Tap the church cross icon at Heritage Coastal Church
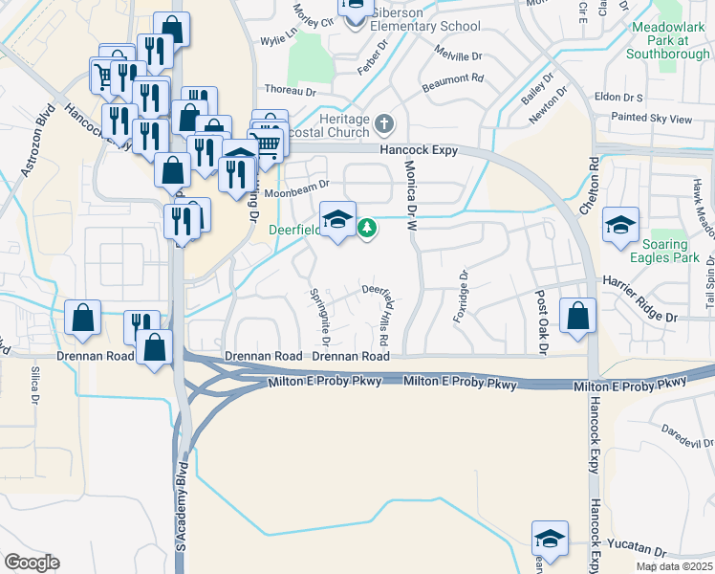pos(384,122)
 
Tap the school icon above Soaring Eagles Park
pos(620,226)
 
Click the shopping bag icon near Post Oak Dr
pos(577,318)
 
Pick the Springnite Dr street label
pos(319,317)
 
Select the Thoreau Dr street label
pos(289,91)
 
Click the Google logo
pos(32,563)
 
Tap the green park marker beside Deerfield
pos(366,229)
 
